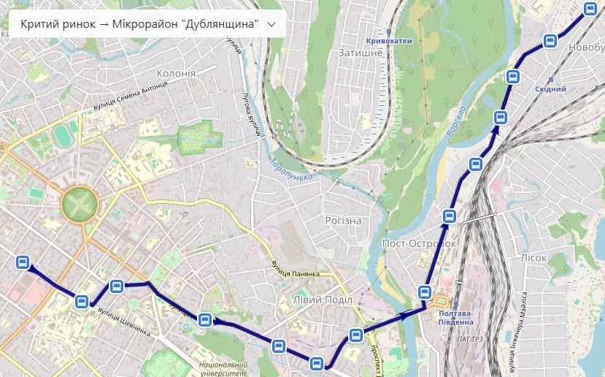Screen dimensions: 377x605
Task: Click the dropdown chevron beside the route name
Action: pyautogui.click(x=272, y=24)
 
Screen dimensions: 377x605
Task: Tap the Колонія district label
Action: pyautogui.click(x=176, y=74)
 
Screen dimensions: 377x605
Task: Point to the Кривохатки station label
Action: pyautogui.click(x=389, y=41)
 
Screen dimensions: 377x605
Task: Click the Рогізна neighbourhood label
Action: pyautogui.click(x=343, y=221)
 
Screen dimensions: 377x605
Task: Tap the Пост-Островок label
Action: pyautogui.click(x=419, y=243)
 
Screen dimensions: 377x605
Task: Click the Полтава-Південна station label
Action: pyautogui.click(x=455, y=318)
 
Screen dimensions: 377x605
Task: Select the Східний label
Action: pyautogui.click(x=551, y=89)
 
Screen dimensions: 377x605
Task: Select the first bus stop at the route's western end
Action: pyautogui.click(x=23, y=262)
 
